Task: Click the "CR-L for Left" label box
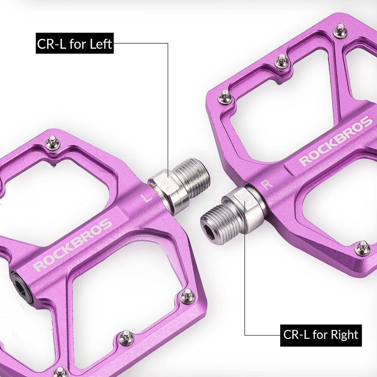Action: click(75, 43)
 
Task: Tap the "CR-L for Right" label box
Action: click(321, 335)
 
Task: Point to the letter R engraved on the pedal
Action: click(267, 184)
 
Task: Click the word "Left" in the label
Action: click(101, 44)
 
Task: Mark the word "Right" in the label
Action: click(344, 335)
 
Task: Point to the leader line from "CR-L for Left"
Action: click(167, 104)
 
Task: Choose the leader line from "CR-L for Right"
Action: click(245, 287)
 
